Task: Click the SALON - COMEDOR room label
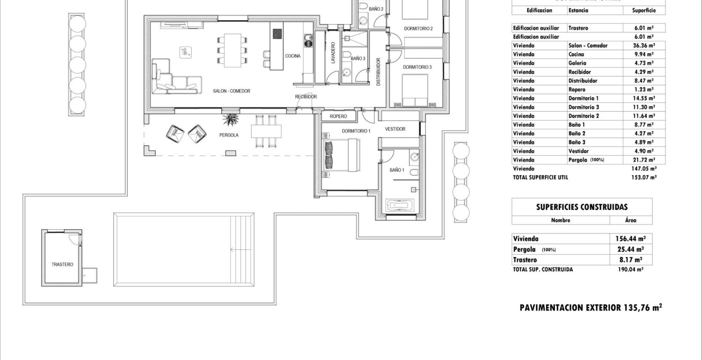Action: [x=231, y=91]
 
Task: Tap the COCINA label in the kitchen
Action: [x=293, y=56]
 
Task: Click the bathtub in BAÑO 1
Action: [x=401, y=206]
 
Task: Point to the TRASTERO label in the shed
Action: [x=63, y=264]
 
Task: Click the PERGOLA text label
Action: [x=229, y=135]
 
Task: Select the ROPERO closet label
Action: [x=339, y=117]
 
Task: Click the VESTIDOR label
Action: [x=395, y=129]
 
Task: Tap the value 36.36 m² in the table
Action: [x=645, y=45]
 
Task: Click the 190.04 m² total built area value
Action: [x=630, y=270]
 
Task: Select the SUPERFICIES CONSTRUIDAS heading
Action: [x=582, y=207]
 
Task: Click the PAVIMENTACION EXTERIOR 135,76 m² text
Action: [x=591, y=308]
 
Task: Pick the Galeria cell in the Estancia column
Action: [x=577, y=63]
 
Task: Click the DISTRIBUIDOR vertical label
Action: [x=378, y=72]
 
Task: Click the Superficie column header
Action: [x=644, y=10]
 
